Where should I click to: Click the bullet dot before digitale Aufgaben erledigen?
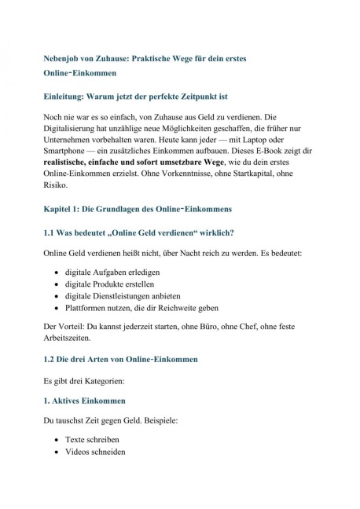[58, 269]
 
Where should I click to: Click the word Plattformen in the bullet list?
[90, 309]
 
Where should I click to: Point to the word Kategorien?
[101, 380]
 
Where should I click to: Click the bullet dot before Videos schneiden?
[58, 453]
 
